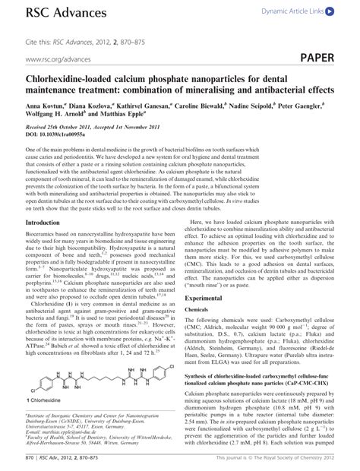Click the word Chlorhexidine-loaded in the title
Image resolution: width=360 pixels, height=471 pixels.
[x=71, y=79]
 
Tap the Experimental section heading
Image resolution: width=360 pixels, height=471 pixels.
[x=207, y=300]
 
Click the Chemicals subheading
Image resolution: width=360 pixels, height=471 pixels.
[x=197, y=310]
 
